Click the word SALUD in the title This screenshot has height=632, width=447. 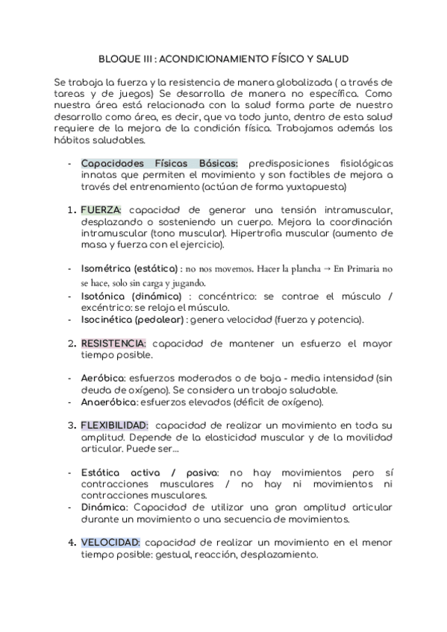click(331, 57)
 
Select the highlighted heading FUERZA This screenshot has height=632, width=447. click(101, 209)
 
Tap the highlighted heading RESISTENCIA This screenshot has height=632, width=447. click(113, 344)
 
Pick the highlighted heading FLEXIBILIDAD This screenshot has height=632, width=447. click(114, 425)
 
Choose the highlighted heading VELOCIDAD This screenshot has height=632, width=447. click(110, 543)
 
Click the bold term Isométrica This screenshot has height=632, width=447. click(105, 268)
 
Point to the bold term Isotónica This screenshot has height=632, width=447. click(104, 296)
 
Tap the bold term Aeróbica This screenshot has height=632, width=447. click(102, 379)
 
